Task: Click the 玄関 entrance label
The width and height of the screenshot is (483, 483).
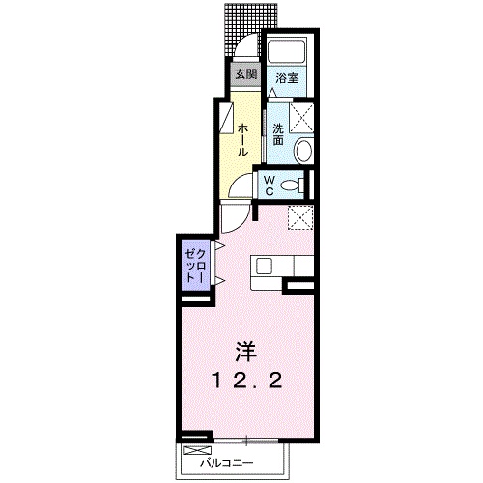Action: coord(246,74)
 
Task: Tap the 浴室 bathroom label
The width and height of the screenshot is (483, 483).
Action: coord(287,78)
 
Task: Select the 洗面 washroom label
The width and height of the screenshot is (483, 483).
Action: coord(278,134)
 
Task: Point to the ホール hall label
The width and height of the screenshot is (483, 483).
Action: coord(242,140)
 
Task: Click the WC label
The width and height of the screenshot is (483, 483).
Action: coord(270,185)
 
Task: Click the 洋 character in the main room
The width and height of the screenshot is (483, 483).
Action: coord(246,351)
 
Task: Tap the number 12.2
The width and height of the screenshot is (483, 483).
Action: coord(246,381)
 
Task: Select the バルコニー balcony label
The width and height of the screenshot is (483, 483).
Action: coord(227,463)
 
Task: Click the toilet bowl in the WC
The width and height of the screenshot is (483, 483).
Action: coord(292,185)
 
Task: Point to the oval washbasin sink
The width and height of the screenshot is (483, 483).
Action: coord(304,151)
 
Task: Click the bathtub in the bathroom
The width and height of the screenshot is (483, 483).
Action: coord(286,52)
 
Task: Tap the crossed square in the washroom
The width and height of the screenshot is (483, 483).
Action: coord(301,117)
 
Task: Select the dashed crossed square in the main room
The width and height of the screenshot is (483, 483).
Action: coord(300,218)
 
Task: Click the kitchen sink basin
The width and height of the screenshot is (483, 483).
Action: coord(265,267)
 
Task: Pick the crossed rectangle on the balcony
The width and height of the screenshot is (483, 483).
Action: coord(196,450)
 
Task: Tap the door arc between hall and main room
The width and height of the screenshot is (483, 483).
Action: coord(240,222)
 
